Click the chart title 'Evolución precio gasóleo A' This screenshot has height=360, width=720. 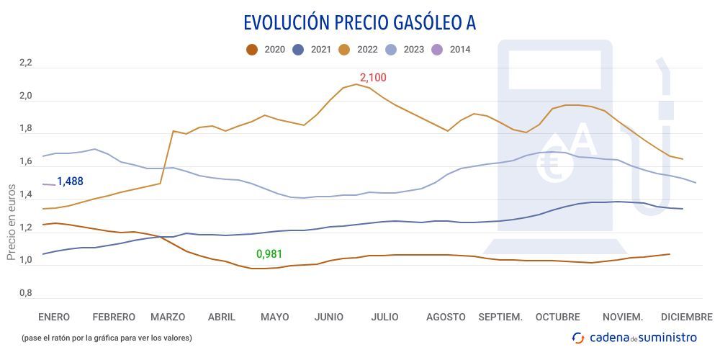pos(359,22)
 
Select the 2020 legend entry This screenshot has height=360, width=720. pos(266,50)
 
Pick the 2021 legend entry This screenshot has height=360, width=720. pos(312,50)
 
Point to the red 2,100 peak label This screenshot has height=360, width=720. pos(373,77)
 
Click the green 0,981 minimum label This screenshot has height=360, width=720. pos(270,254)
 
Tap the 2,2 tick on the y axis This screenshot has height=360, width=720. pos(26,63)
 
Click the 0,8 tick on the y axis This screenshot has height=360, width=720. pos(26,294)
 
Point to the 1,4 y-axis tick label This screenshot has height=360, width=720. pos(26,195)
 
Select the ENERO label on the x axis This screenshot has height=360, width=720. pos(54,317)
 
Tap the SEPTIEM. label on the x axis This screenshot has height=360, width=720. pos(500,317)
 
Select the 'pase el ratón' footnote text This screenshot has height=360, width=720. pos(106,337)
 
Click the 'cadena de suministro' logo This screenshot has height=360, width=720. pos(634,337)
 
